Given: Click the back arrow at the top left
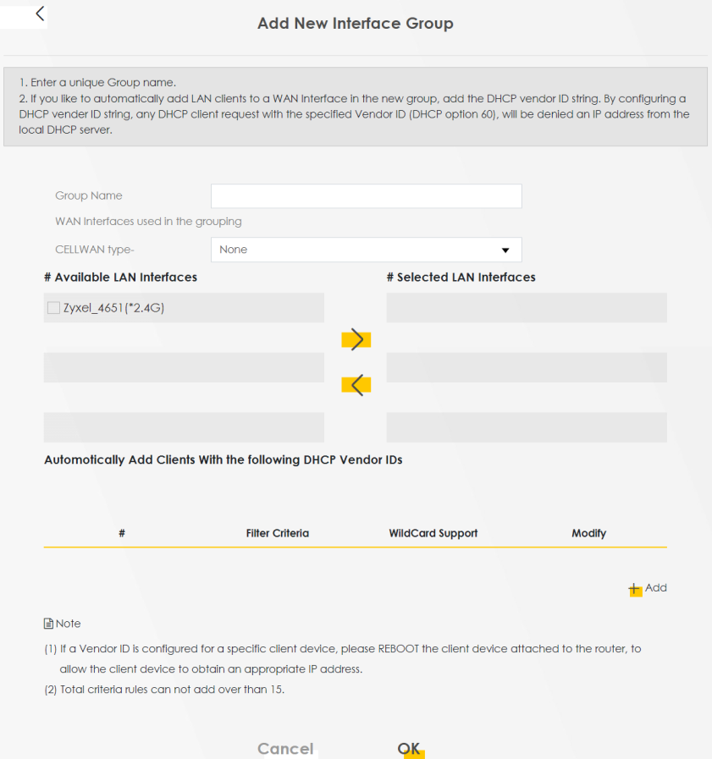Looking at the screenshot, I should [x=40, y=14].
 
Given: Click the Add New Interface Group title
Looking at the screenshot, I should [x=355, y=24].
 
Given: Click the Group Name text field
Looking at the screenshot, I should [x=366, y=196].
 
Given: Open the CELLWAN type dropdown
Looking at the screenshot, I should [x=366, y=250].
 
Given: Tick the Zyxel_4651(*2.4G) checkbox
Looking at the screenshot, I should [x=54, y=308].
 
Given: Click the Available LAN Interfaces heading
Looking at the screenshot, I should [x=120, y=277].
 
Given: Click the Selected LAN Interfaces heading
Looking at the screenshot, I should [x=461, y=277].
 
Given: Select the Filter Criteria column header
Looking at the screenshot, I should [x=277, y=533].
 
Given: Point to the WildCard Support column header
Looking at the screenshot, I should [x=433, y=533].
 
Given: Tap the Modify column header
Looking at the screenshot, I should [x=588, y=533].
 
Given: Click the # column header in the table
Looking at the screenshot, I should [x=122, y=533].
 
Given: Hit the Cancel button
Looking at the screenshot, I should [x=285, y=748].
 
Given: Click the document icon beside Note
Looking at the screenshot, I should [x=48, y=624].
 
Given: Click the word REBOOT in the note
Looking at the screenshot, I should [x=398, y=649].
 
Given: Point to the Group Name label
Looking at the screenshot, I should [x=89, y=195].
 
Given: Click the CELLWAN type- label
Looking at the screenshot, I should [x=95, y=250].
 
